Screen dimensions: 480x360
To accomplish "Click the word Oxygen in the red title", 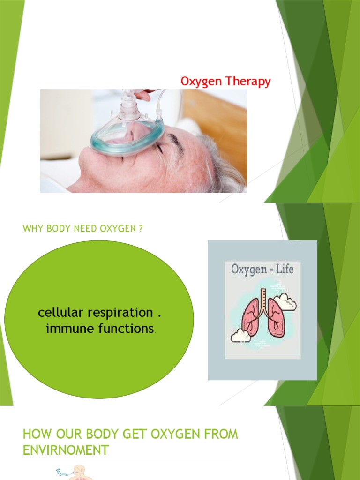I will (x=202, y=82).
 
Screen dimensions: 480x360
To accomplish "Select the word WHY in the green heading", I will (x=31, y=229).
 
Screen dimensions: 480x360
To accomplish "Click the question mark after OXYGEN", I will (x=140, y=229).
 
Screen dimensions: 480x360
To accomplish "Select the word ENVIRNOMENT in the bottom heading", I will (x=66, y=450).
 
